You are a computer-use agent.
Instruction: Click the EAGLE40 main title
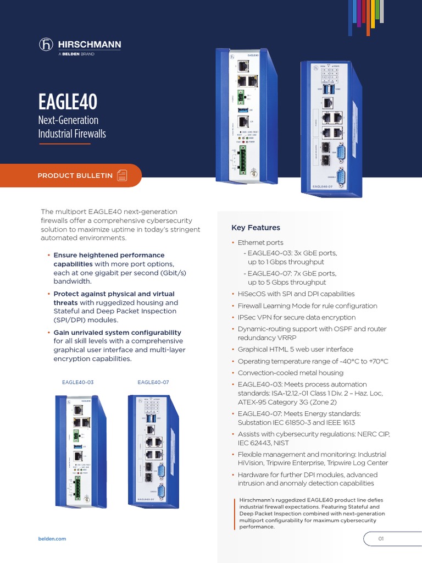68,102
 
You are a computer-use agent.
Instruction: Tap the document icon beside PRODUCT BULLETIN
122,175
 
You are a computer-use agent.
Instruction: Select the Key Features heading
256,228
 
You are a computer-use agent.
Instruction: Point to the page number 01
380,539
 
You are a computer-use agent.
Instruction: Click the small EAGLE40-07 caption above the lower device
153,382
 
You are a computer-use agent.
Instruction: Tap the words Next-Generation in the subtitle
68,120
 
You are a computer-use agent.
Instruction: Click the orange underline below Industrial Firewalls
65,143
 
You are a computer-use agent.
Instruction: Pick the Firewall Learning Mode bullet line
307,306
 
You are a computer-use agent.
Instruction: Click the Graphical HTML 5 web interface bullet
295,349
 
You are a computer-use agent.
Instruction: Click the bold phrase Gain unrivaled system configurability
117,333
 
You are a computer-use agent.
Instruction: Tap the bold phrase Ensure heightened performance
109,255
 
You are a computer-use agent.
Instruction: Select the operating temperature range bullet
313,361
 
